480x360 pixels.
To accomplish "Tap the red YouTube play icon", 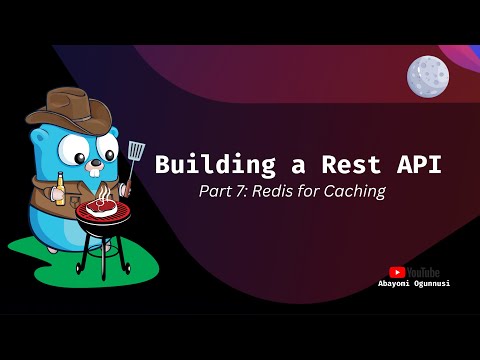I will [397, 271].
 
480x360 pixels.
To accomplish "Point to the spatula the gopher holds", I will [135, 155].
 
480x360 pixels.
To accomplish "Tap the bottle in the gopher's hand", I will [59, 187].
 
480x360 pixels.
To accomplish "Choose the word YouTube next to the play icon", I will [424, 271].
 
